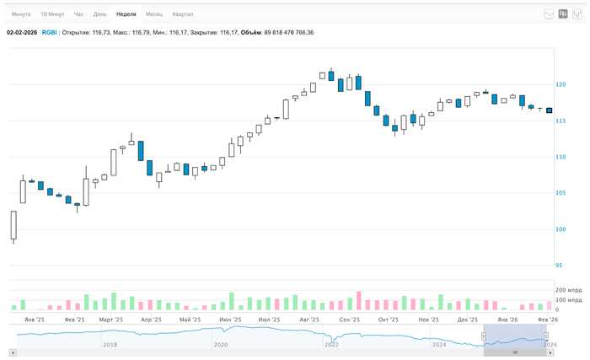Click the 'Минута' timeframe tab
coord(21,14)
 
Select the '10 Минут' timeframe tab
coord(52,14)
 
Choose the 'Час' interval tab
coord(78,14)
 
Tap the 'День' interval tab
coord(100,14)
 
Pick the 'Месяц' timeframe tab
coord(154,14)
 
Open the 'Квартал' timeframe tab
coord(182,14)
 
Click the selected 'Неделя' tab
coord(126,14)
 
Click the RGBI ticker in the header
coord(49,33)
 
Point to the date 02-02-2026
coord(21,33)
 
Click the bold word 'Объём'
coord(251,33)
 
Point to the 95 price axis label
coord(559,266)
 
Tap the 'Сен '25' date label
coord(349,320)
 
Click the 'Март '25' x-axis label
coord(111,320)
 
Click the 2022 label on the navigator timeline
coord(331,345)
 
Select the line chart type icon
coord(550,14)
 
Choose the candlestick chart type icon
coord(563,14)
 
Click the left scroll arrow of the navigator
coord(12,352)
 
